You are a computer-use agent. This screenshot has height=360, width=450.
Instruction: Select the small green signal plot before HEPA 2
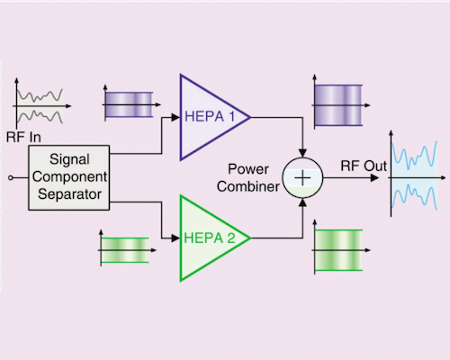click(x=123, y=249)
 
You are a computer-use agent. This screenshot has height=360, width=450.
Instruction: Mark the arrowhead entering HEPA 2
click(x=175, y=238)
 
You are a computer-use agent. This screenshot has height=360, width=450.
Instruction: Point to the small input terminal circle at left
click(x=11, y=177)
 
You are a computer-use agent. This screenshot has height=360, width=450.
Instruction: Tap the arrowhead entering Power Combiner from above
click(x=303, y=154)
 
